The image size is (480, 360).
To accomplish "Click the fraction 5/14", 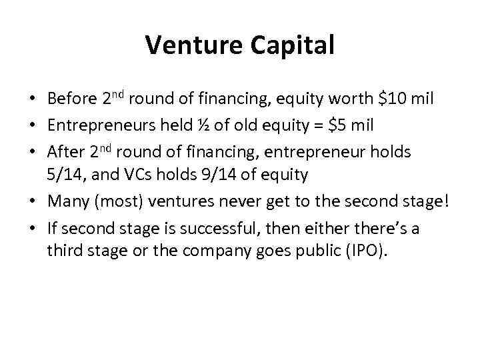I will [66, 175].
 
